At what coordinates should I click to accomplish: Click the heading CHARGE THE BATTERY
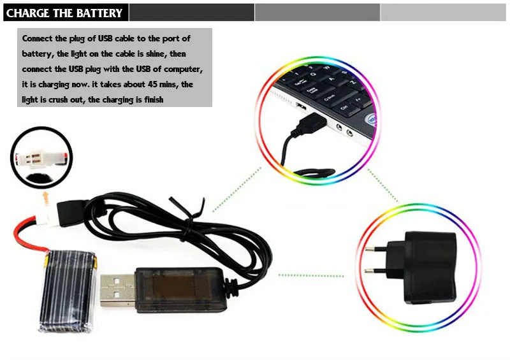coord(64,13)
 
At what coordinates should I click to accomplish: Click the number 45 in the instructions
coord(152,84)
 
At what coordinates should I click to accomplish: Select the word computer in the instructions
coord(183,69)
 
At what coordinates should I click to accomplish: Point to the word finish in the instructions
coord(154,99)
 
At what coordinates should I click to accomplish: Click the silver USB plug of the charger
coord(117,291)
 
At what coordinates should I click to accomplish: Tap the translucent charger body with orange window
coord(180,289)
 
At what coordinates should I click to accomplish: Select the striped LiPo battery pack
coord(68,291)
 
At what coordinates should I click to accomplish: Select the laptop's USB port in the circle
coord(301,106)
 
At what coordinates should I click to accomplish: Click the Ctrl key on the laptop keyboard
coord(344,108)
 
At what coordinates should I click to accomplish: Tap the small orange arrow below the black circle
coord(46,198)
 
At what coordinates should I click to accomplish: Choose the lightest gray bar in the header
coord(442,12)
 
